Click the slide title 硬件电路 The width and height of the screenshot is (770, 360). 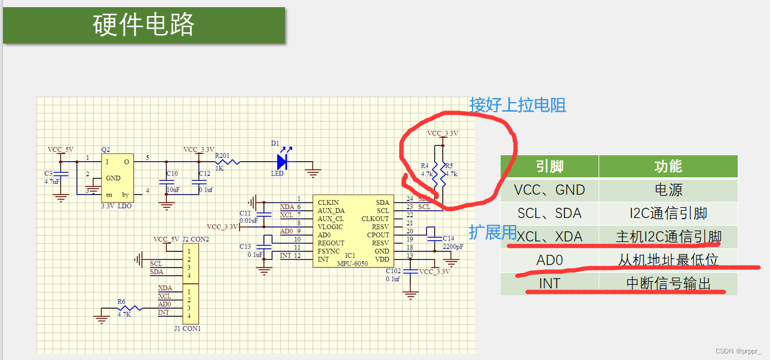(x=144, y=25)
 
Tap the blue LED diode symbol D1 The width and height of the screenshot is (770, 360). (x=282, y=162)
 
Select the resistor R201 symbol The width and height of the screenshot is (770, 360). (x=228, y=161)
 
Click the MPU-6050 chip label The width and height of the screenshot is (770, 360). (x=352, y=263)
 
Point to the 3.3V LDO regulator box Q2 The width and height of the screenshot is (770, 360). (x=116, y=178)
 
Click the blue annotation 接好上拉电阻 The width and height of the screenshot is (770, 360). (x=517, y=105)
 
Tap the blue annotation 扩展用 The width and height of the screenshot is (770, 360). (x=492, y=232)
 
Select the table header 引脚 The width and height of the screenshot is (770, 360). (x=549, y=167)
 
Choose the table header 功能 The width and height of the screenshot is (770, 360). (x=668, y=167)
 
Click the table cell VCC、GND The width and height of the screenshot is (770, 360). (x=549, y=190)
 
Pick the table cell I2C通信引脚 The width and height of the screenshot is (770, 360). (x=668, y=213)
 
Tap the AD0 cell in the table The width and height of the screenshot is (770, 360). (x=549, y=260)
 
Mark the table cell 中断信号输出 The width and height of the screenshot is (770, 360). (x=668, y=284)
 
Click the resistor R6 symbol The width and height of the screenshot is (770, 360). (x=128, y=308)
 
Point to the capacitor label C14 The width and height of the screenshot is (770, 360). (x=448, y=238)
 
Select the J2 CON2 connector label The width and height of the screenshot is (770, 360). (x=195, y=239)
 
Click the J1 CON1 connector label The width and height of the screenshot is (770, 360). (x=187, y=328)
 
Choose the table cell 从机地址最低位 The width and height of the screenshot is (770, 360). (x=668, y=260)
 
